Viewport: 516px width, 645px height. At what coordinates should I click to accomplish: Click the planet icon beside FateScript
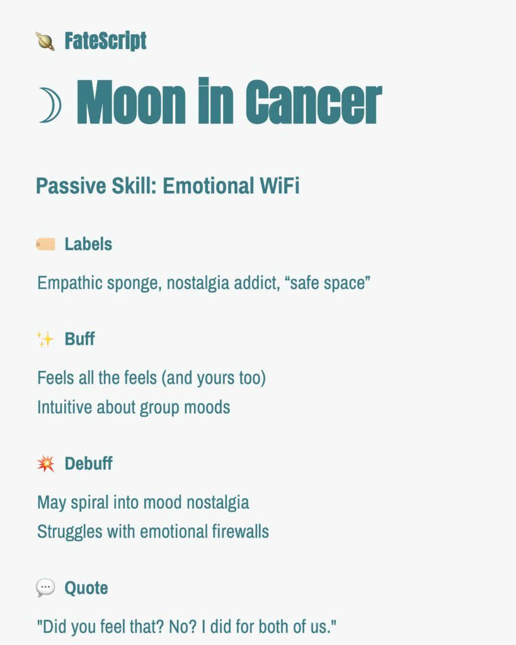pyautogui.click(x=45, y=42)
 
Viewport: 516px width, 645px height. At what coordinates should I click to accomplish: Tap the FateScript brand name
pyautogui.click(x=105, y=42)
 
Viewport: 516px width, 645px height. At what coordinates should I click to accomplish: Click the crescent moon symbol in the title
pyautogui.click(x=50, y=105)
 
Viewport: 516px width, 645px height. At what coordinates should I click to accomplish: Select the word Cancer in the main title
pyautogui.click(x=313, y=103)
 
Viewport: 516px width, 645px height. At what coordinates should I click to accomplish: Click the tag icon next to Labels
pyautogui.click(x=45, y=244)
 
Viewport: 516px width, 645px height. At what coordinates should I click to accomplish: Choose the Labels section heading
pyautogui.click(x=88, y=244)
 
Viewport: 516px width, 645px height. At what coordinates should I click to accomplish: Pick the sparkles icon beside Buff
pyautogui.click(x=45, y=340)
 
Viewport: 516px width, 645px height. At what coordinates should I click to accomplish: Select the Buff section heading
pyautogui.click(x=79, y=339)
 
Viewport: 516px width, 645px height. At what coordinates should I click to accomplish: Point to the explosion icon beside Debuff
pyautogui.click(x=45, y=464)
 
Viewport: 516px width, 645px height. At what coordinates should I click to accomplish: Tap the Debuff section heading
pyautogui.click(x=88, y=464)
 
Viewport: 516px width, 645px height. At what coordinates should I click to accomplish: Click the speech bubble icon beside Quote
pyautogui.click(x=45, y=588)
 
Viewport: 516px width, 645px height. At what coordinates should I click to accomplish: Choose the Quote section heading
pyautogui.click(x=86, y=588)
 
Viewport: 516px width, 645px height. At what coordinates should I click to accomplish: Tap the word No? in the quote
pyautogui.click(x=181, y=627)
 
